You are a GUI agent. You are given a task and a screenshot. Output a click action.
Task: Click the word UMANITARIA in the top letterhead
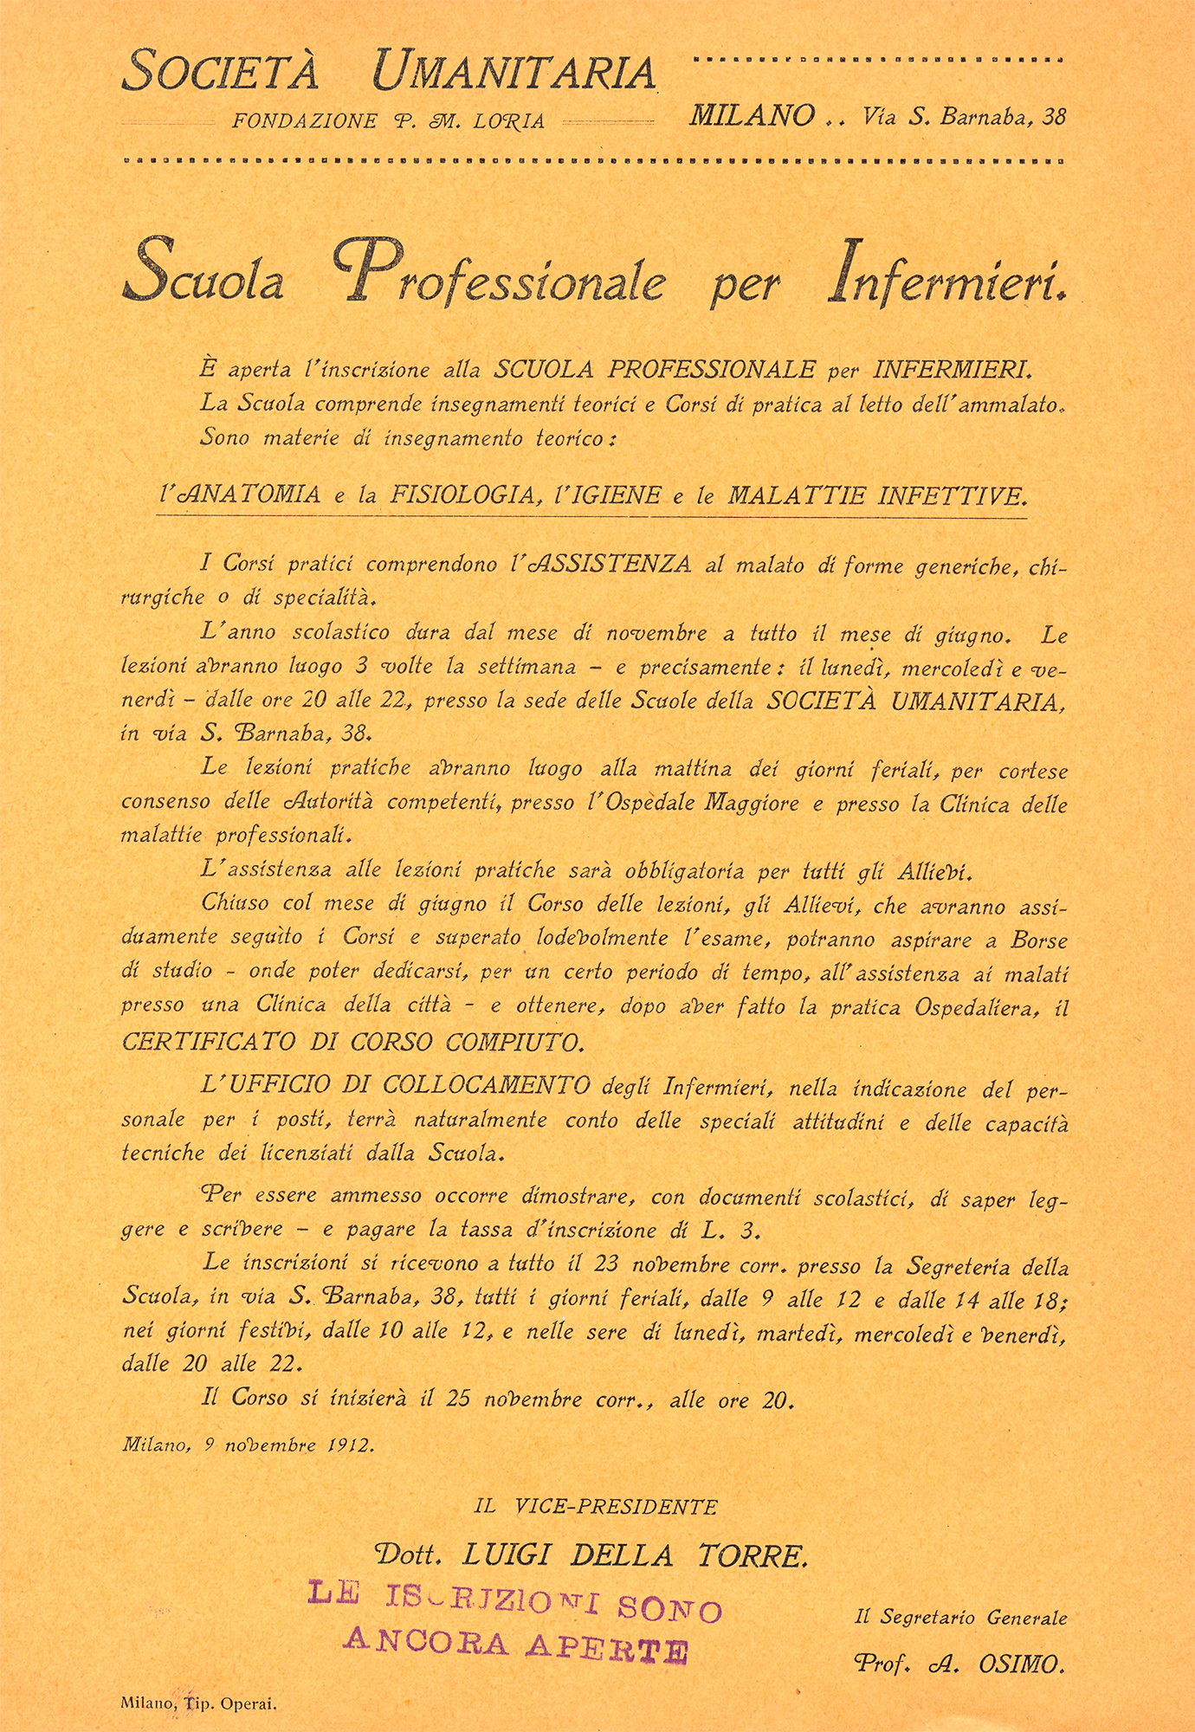[514, 73]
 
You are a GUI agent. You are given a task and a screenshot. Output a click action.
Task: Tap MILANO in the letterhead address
[752, 116]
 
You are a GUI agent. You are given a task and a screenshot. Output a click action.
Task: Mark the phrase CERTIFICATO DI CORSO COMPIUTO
[352, 1041]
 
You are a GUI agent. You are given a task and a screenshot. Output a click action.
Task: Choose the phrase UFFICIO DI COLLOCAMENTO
[396, 1084]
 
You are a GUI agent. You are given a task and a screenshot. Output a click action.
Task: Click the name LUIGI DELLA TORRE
[636, 1556]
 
